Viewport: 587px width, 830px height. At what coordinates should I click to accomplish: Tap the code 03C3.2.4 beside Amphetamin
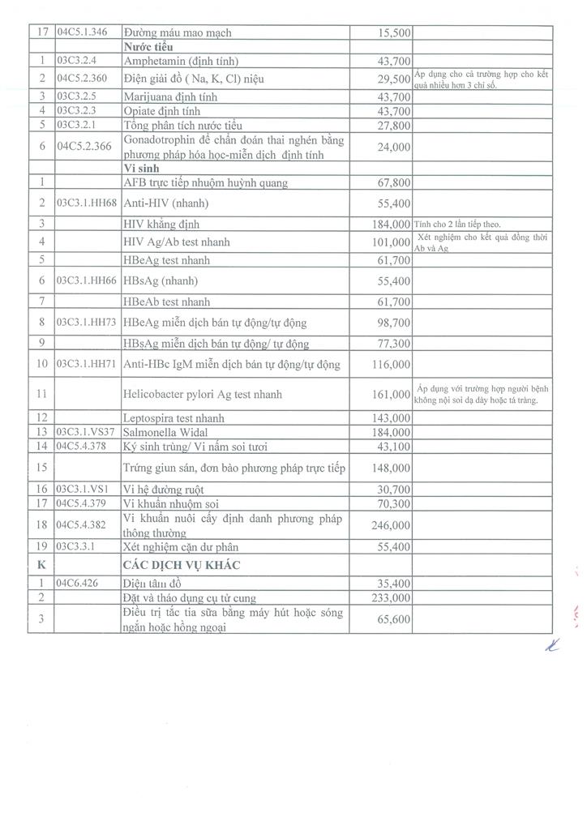(78, 61)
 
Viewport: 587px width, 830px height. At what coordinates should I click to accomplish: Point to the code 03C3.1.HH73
(87, 323)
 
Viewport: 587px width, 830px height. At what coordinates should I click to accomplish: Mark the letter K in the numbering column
(40, 564)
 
